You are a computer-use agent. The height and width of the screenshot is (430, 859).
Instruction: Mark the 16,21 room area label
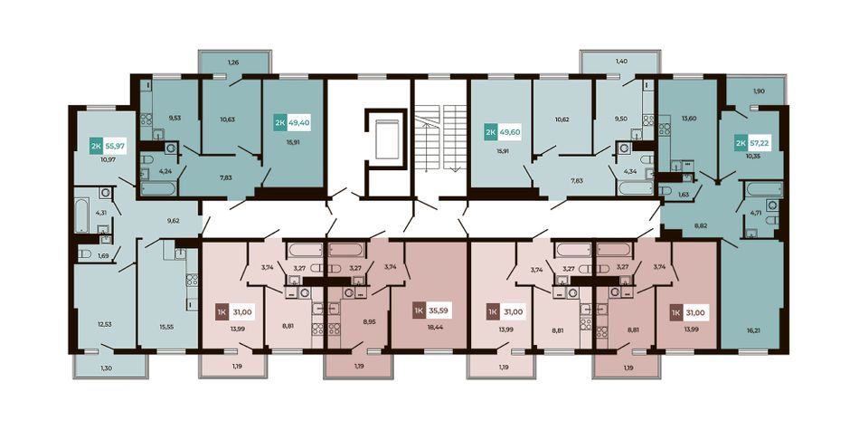752,330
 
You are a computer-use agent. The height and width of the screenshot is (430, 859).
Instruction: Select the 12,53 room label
105,324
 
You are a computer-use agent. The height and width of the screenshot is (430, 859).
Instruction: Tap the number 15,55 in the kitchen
167,327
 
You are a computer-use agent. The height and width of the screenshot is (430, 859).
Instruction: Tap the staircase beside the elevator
441,137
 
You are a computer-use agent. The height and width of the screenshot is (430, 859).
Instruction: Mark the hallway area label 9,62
173,222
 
